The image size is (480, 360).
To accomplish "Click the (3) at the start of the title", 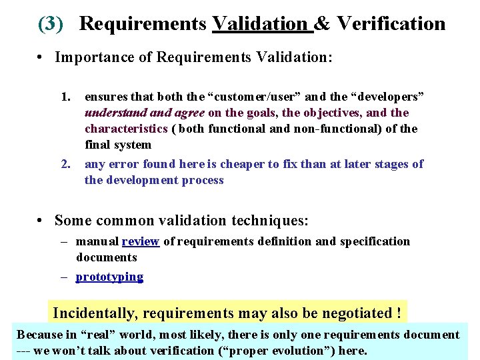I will point(51,24).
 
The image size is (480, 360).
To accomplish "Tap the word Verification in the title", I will point(391,24).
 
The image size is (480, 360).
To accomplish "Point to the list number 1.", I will point(65,97).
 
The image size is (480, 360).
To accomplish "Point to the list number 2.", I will point(65,164).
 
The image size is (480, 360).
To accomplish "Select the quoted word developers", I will point(387,97).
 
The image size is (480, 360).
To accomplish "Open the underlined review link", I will point(140,241).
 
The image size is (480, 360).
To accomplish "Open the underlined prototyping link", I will point(109,277).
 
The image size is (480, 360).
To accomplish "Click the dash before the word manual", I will point(67,241).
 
